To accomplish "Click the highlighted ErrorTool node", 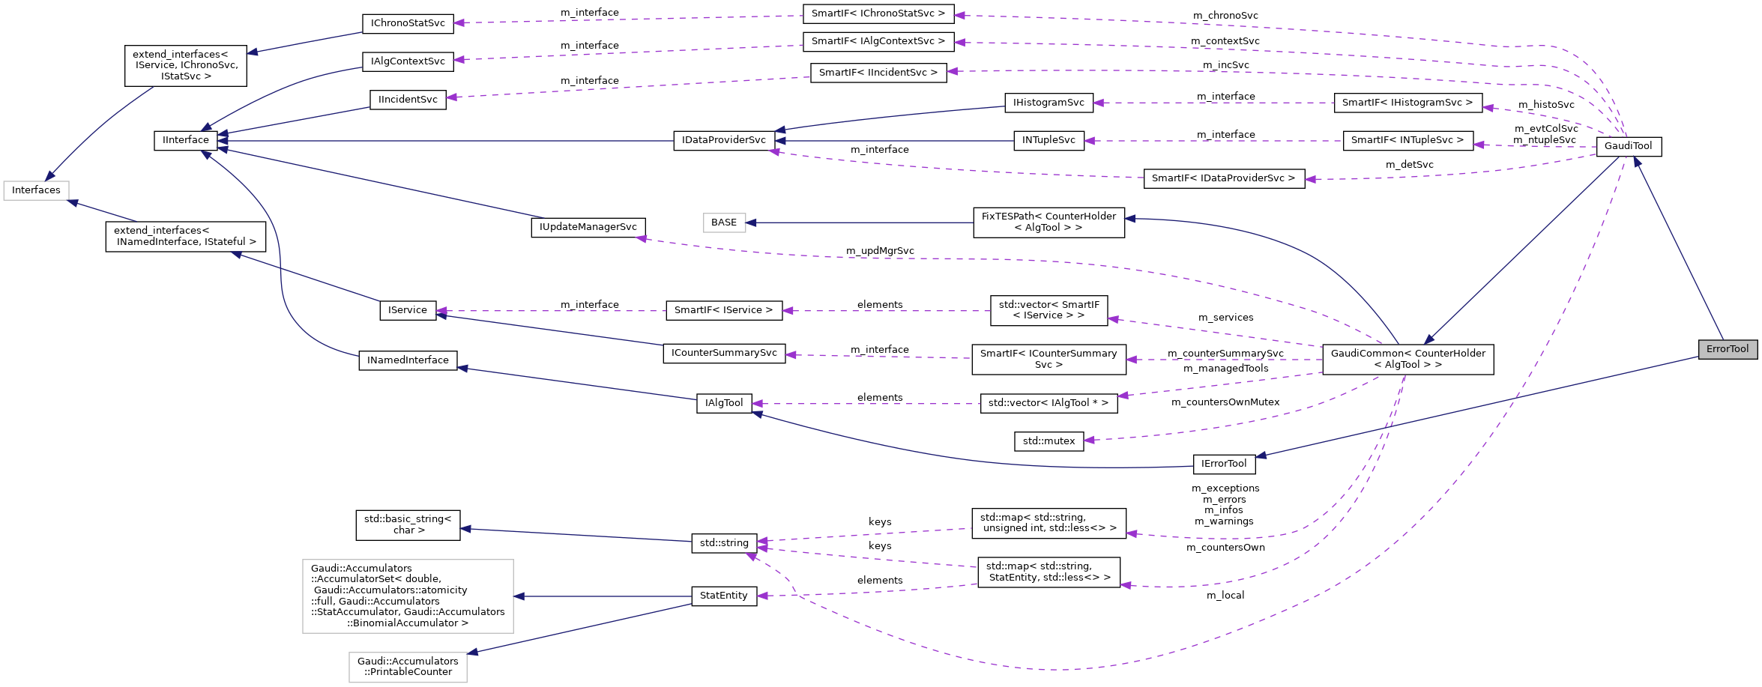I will point(1727,349).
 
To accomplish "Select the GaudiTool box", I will point(1628,146).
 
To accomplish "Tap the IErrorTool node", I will point(1223,464).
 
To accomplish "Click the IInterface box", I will point(185,140).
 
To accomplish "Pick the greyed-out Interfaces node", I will point(36,190).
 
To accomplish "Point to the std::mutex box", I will point(1048,441).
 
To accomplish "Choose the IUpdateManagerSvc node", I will point(588,227).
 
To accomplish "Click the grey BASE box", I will point(723,223).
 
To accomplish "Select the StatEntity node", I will point(723,596).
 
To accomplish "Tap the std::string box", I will point(723,543).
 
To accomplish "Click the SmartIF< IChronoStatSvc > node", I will point(878,13).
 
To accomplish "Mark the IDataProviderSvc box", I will point(723,140).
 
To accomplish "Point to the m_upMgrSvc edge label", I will point(879,251).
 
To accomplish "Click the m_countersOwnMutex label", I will point(1225,402).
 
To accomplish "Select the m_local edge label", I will point(1225,596).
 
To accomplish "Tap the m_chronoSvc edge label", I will point(1225,16).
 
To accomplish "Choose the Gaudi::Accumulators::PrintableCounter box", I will point(407,667).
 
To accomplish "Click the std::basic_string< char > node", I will point(407,524).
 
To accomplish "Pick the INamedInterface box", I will point(407,360).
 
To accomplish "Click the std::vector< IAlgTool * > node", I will point(1048,403).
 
